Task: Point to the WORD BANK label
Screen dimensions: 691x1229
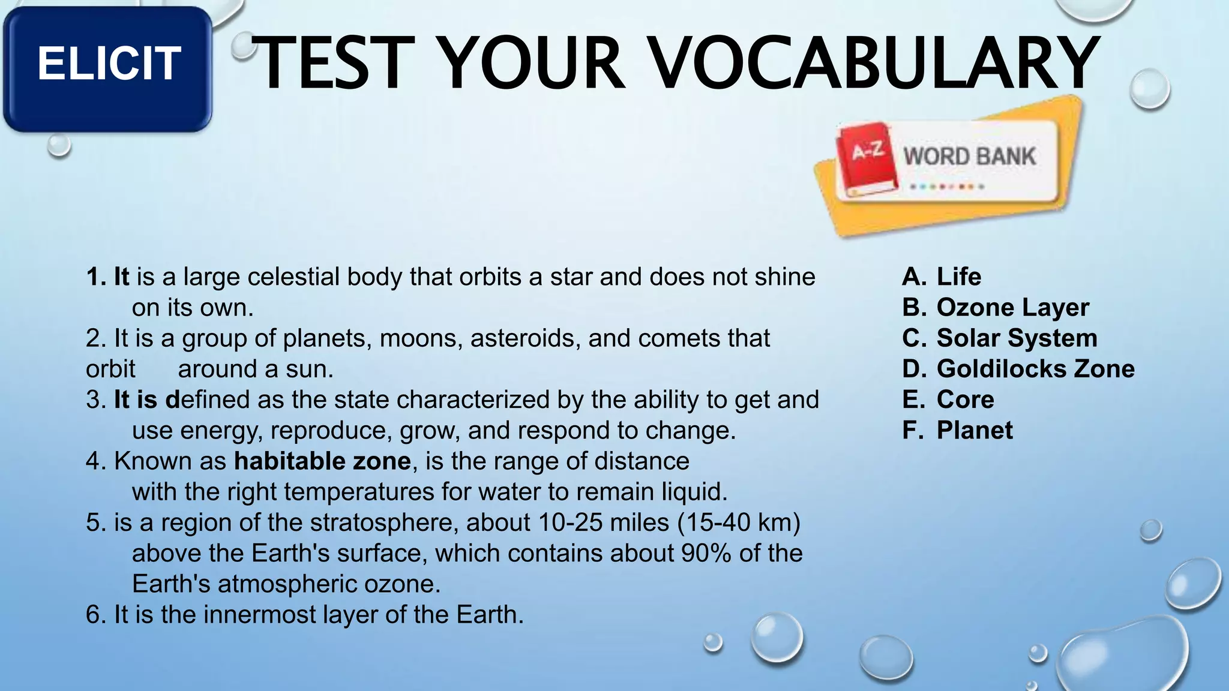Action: (970, 157)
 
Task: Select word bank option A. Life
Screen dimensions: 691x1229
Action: (942, 277)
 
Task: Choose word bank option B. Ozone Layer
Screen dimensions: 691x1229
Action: (996, 308)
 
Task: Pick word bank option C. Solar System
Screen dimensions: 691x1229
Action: (1000, 338)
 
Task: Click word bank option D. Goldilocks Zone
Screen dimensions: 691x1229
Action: (1018, 369)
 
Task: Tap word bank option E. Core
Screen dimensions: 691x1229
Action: (948, 399)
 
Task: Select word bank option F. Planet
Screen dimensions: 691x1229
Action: (957, 431)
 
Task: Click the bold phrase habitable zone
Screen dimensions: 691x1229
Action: (322, 461)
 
